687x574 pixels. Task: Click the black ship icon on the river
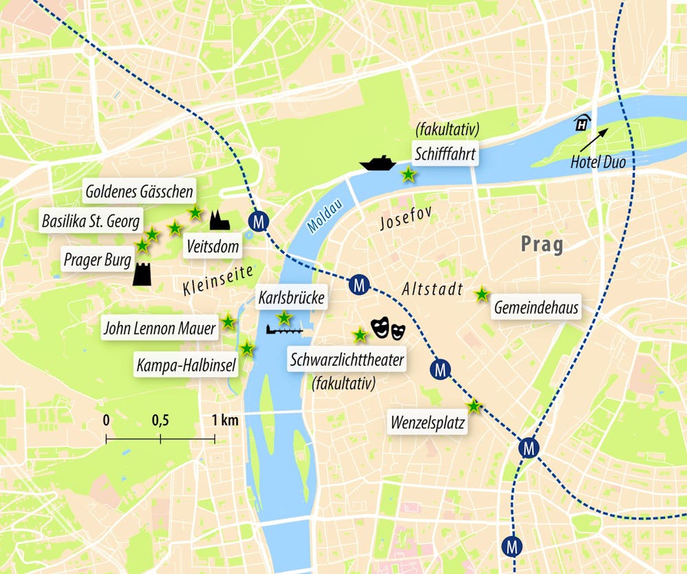pyautogui.click(x=378, y=164)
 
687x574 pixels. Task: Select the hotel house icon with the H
pyautogui.click(x=582, y=122)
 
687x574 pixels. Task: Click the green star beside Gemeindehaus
pyautogui.click(x=482, y=294)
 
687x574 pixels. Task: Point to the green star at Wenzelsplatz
pyautogui.click(x=473, y=406)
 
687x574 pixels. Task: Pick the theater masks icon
pyautogui.click(x=388, y=329)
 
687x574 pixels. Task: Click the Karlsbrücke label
pyautogui.click(x=291, y=298)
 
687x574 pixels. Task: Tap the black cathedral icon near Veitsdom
pyautogui.click(x=219, y=221)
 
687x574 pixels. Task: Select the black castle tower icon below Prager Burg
pyautogui.click(x=142, y=274)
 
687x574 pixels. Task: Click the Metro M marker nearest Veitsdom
pyautogui.click(x=259, y=221)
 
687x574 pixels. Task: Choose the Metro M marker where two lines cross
pyautogui.click(x=528, y=448)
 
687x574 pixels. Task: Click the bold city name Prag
pyautogui.click(x=541, y=244)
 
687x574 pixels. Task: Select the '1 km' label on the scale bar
pyautogui.click(x=225, y=419)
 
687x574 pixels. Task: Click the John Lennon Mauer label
pyautogui.click(x=159, y=329)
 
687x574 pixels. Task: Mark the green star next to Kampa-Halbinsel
pyautogui.click(x=247, y=349)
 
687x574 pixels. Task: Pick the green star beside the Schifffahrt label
pyautogui.click(x=408, y=175)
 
